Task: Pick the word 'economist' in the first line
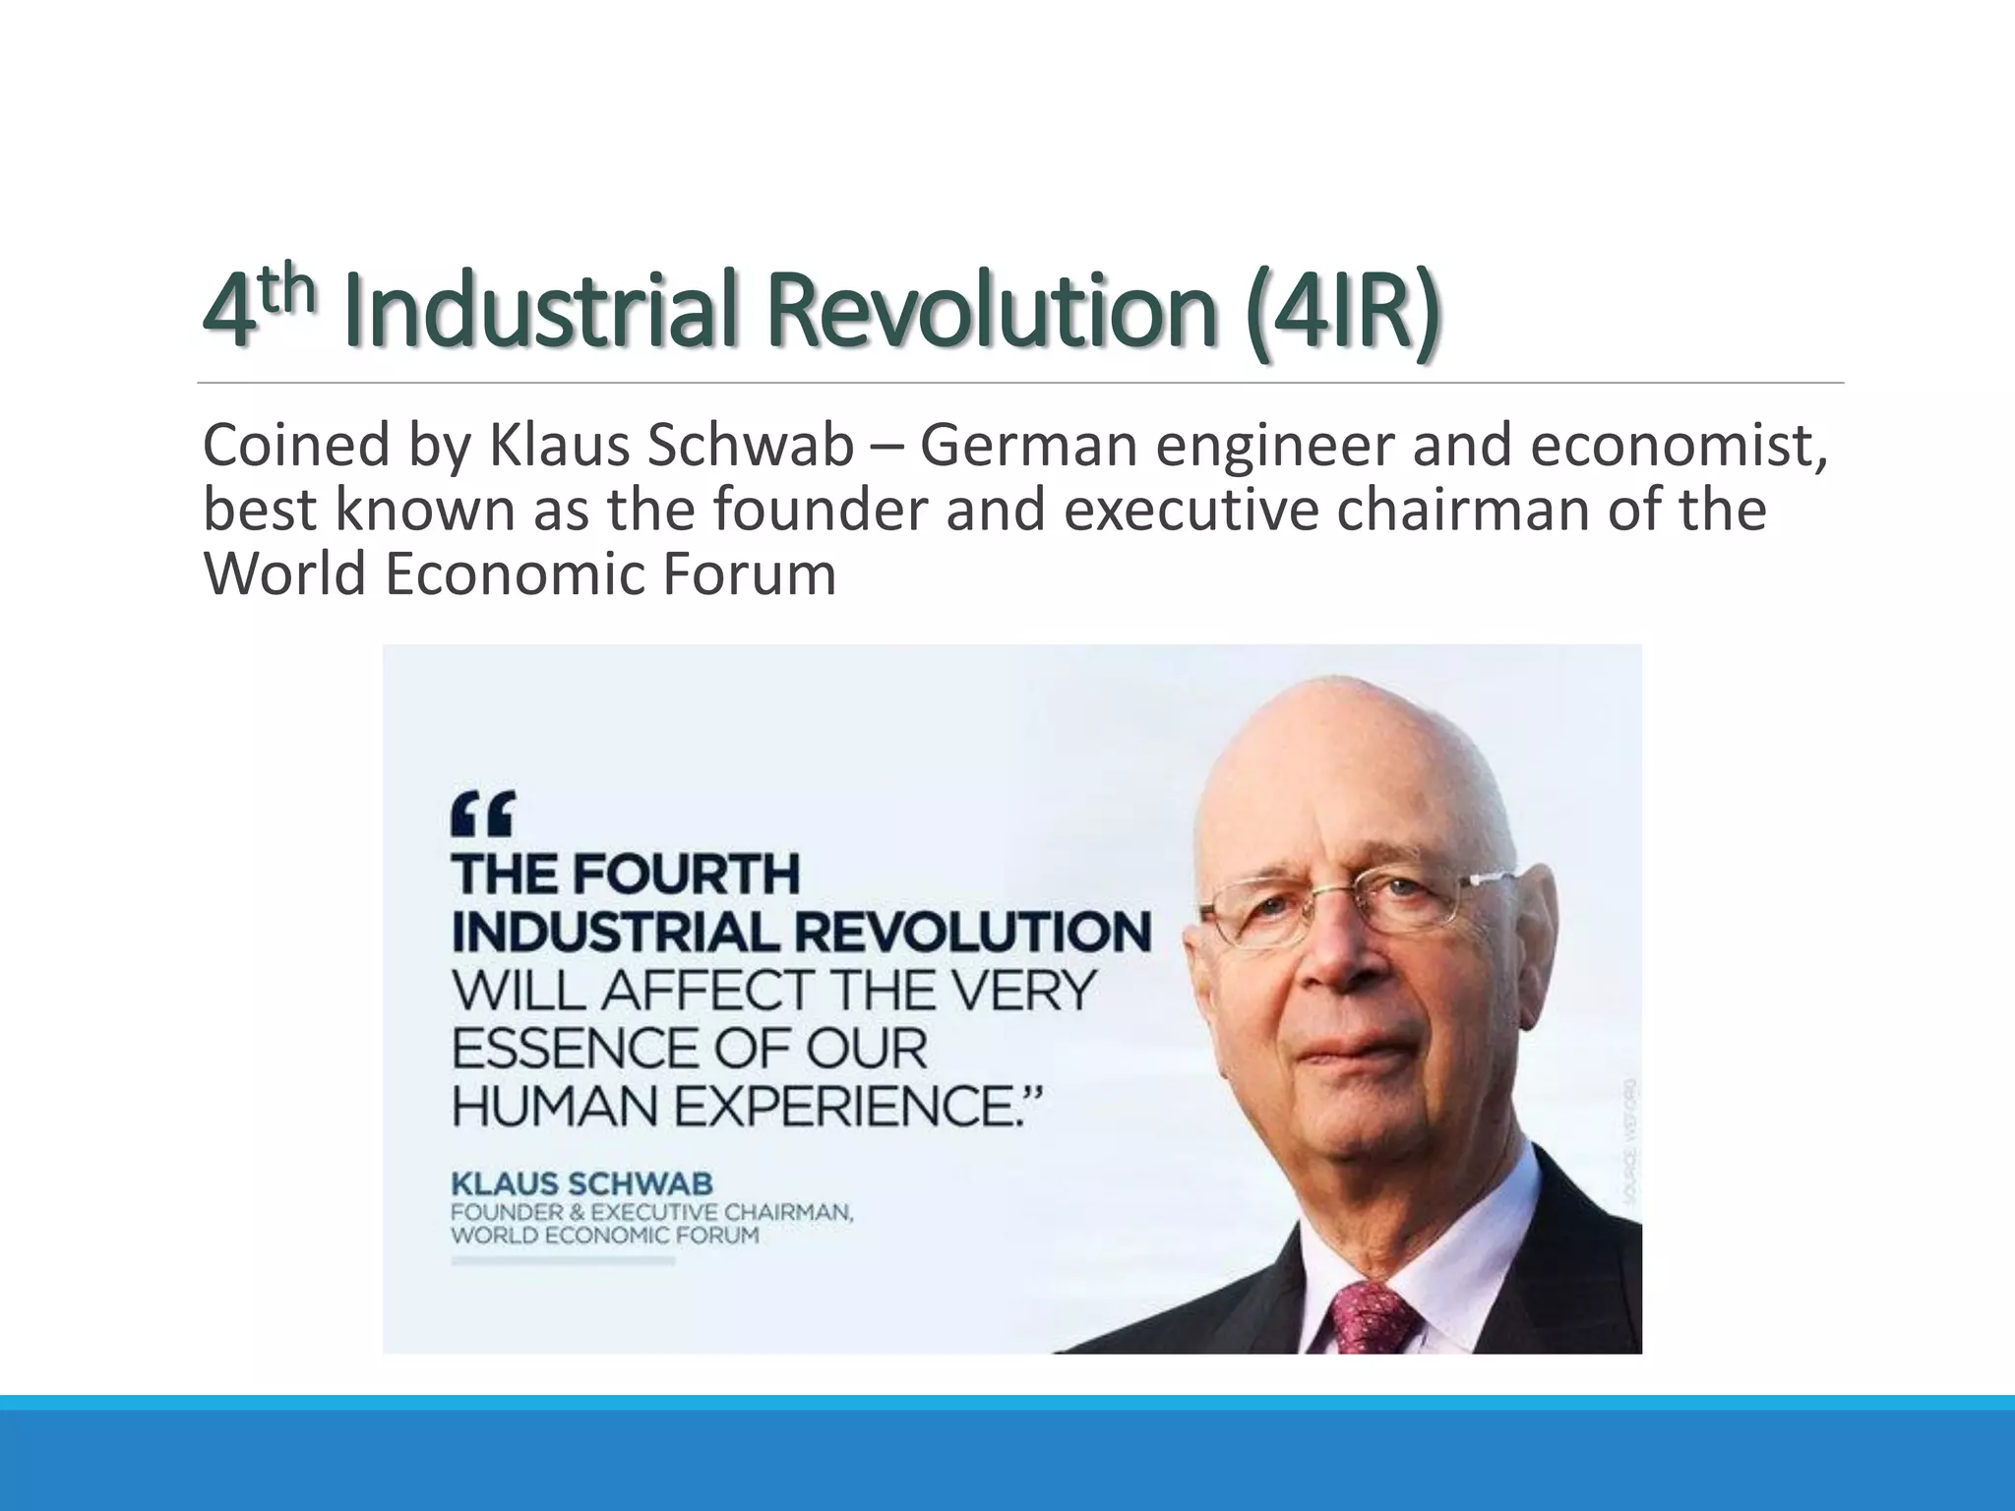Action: [1679, 445]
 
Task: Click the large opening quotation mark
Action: [482, 815]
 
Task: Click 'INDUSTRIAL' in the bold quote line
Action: [616, 932]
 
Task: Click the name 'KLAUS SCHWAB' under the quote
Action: [581, 1183]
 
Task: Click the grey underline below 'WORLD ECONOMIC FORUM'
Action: [563, 1260]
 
